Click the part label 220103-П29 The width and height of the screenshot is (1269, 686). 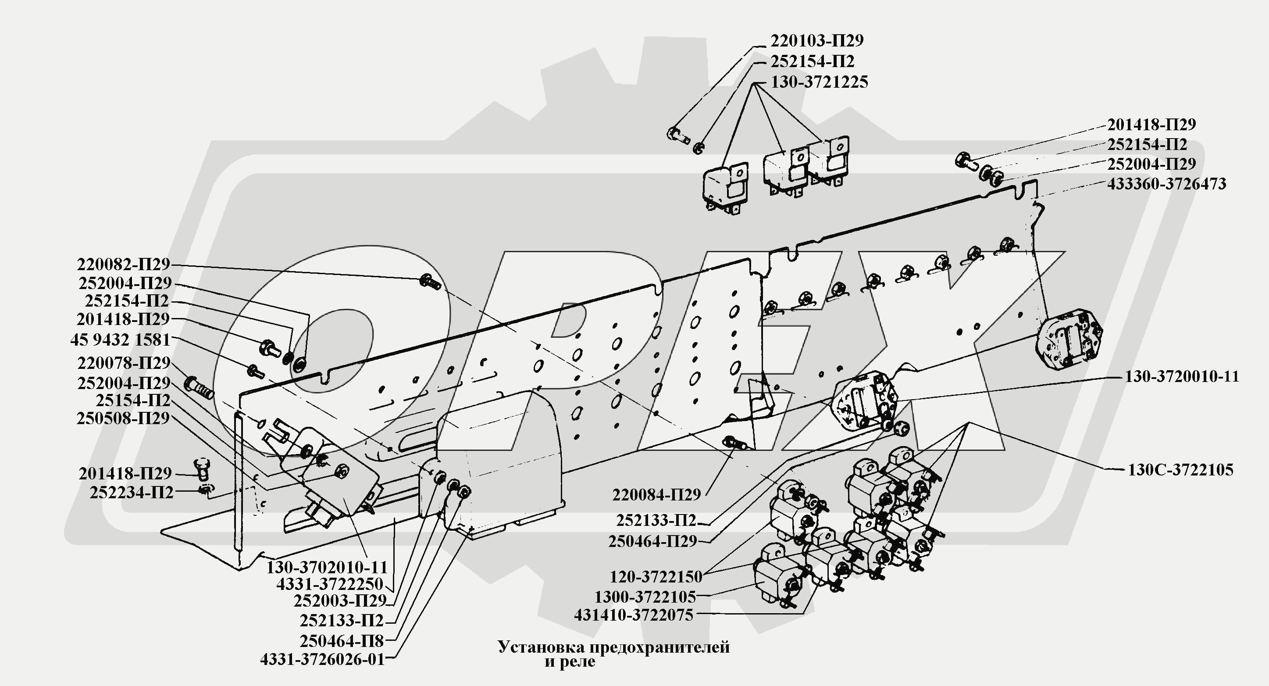tap(817, 40)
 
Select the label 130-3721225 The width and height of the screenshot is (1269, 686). tap(819, 82)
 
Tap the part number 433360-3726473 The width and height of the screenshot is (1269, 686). tap(1166, 184)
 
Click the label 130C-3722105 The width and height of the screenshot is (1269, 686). tap(1180, 470)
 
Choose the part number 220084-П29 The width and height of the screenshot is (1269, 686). tap(656, 495)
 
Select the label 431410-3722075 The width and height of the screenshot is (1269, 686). tap(633, 615)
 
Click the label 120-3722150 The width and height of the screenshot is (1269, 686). tap(656, 577)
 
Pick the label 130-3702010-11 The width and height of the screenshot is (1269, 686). tap(327, 567)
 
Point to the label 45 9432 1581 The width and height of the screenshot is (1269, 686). tap(120, 340)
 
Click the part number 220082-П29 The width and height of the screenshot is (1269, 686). tap(123, 264)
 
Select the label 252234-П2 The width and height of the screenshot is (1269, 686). tap(132, 492)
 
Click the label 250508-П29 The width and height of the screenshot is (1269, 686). tap(123, 419)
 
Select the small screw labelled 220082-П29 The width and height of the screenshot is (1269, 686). tap(430, 282)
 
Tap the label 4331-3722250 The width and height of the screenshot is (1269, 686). tap(330, 585)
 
